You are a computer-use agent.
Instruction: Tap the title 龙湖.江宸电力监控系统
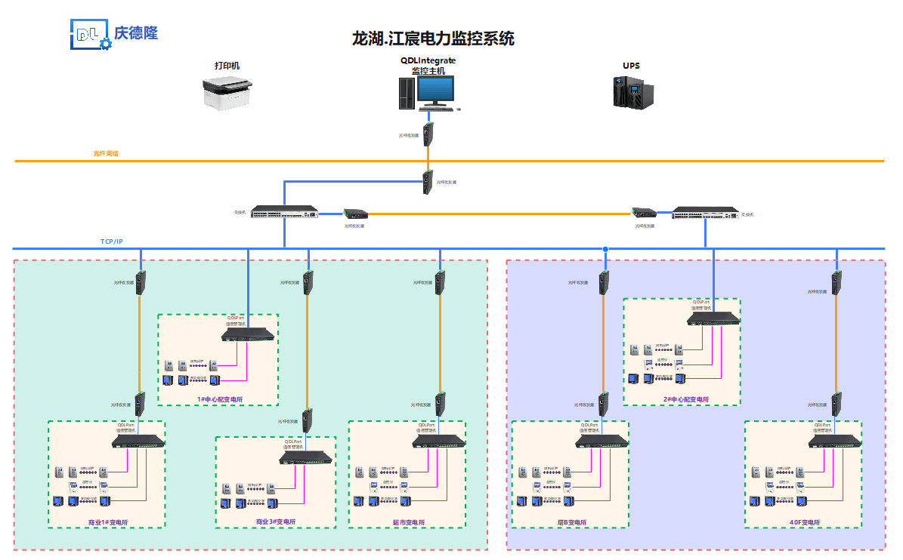(433, 38)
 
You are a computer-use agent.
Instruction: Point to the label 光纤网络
(106, 153)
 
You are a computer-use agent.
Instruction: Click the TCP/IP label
(111, 242)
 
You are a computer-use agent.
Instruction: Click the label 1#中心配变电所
(220, 399)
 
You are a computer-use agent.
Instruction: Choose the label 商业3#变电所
(276, 522)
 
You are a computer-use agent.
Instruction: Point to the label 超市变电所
(408, 522)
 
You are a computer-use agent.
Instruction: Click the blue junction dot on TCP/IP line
(605, 249)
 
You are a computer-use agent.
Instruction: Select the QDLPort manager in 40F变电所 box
(835, 442)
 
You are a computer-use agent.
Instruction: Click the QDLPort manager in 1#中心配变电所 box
(249, 334)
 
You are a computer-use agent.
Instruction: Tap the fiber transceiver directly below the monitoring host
(428, 134)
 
